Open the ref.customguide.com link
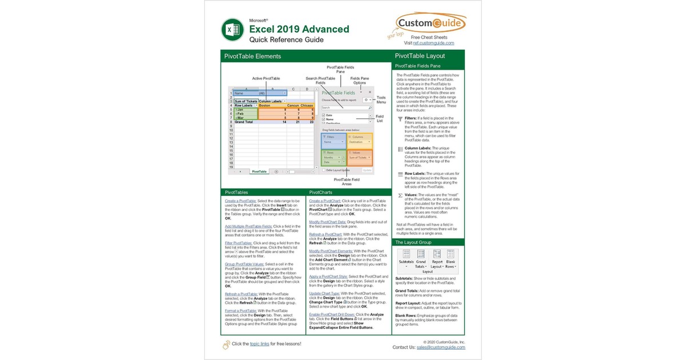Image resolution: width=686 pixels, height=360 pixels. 433,43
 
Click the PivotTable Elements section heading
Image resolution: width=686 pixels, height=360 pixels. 252,56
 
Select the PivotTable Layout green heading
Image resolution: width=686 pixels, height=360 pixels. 420,56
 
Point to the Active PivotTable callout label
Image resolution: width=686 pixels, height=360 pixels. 266,78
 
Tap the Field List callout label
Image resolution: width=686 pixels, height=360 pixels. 380,119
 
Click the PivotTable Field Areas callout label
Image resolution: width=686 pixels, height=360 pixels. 347,182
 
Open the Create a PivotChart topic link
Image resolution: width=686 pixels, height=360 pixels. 325,201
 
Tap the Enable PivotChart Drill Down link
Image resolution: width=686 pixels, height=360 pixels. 332,314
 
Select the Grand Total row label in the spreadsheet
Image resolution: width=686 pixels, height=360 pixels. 244,122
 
